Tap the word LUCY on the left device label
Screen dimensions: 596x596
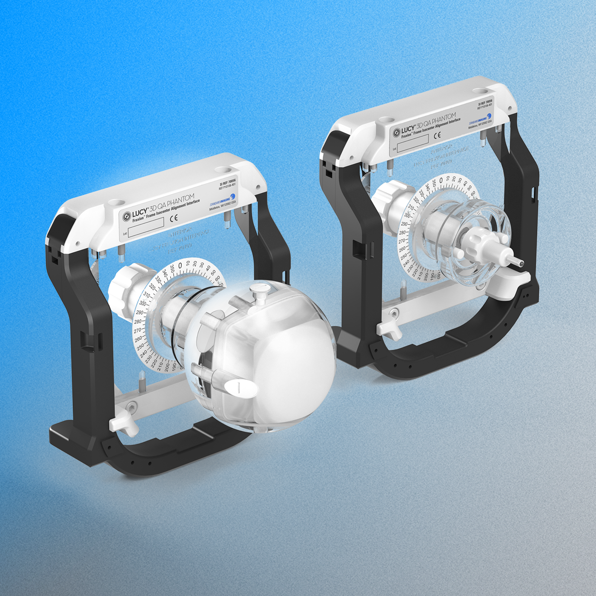tap(140, 213)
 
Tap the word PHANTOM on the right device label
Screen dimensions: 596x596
tap(444, 119)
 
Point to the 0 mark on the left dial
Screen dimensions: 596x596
tap(180, 266)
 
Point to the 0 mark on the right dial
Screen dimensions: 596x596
tap(441, 181)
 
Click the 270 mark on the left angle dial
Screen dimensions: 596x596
tap(138, 330)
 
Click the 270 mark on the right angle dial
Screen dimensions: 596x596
tap(401, 241)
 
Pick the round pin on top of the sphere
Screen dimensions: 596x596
tap(258, 291)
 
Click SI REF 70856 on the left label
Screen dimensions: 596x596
tap(228, 183)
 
